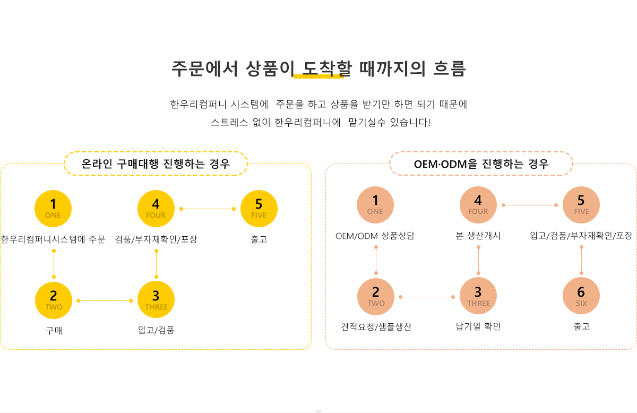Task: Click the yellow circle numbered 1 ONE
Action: tap(53, 208)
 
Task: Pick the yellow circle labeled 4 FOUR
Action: tap(156, 208)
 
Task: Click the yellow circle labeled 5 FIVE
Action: tap(259, 208)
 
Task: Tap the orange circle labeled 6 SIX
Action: tap(581, 296)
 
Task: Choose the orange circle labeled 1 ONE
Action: tap(375, 204)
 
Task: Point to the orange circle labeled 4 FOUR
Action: tap(478, 204)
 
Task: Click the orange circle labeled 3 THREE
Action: tap(478, 296)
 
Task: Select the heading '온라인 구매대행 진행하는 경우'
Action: tap(156, 164)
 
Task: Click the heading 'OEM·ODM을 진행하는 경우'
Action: tap(481, 164)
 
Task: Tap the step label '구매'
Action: tap(54, 331)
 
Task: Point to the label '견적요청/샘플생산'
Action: tap(376, 327)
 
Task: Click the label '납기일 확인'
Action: tap(478, 326)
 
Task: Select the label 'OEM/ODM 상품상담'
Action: tap(375, 236)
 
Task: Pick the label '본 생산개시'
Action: tap(478, 236)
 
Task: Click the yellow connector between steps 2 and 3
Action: tap(105, 300)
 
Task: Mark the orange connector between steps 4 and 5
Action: tap(529, 205)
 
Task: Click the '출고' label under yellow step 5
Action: tap(259, 239)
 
